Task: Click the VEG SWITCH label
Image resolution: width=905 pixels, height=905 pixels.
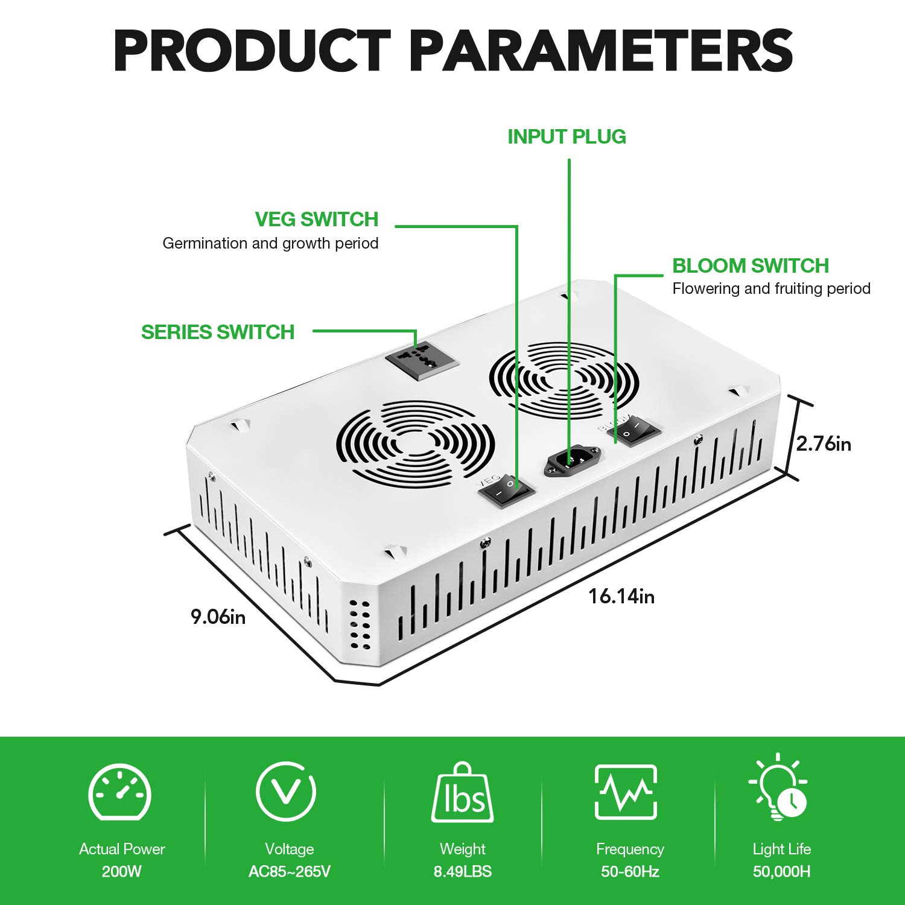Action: (317, 219)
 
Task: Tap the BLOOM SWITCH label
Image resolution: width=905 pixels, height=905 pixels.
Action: (751, 265)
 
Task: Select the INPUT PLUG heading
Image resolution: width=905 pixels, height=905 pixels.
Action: (567, 137)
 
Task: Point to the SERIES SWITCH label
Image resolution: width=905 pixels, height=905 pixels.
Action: (218, 332)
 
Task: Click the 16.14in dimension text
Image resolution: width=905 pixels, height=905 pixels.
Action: (621, 596)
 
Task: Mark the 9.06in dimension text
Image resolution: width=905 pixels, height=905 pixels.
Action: (218, 617)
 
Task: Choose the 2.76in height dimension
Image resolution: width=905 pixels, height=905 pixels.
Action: (824, 444)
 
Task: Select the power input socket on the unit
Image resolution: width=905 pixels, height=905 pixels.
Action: (573, 462)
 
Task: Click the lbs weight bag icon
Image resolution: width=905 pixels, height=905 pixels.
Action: (462, 793)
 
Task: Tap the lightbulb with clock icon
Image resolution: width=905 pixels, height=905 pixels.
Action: (778, 788)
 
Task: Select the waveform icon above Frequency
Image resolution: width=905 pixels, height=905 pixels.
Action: (626, 792)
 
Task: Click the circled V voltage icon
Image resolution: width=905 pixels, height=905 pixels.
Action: (286, 791)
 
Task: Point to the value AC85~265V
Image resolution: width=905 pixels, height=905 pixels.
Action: (290, 872)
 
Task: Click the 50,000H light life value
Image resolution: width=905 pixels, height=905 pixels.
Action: (782, 872)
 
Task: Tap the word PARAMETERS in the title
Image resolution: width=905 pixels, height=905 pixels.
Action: (601, 51)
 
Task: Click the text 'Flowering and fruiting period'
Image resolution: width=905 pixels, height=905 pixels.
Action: (772, 289)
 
